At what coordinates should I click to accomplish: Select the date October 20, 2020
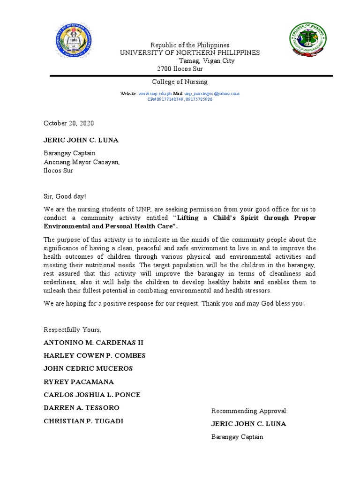(x=69, y=123)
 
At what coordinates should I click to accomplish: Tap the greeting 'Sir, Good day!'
(x=65, y=196)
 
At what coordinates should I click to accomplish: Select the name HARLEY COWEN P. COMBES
(x=95, y=356)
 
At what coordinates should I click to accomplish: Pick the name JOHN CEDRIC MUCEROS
(x=88, y=368)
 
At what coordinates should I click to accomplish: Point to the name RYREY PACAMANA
(x=79, y=382)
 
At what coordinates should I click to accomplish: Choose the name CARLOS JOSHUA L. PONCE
(x=92, y=395)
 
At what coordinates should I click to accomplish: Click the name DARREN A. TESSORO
(x=82, y=408)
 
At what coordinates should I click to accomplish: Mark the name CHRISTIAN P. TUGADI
(x=83, y=421)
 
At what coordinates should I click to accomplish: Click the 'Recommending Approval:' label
(x=249, y=411)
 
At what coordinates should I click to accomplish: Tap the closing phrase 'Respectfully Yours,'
(x=72, y=330)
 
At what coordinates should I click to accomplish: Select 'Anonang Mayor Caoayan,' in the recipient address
(x=82, y=162)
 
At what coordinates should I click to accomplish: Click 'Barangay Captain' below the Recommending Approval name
(x=237, y=437)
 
